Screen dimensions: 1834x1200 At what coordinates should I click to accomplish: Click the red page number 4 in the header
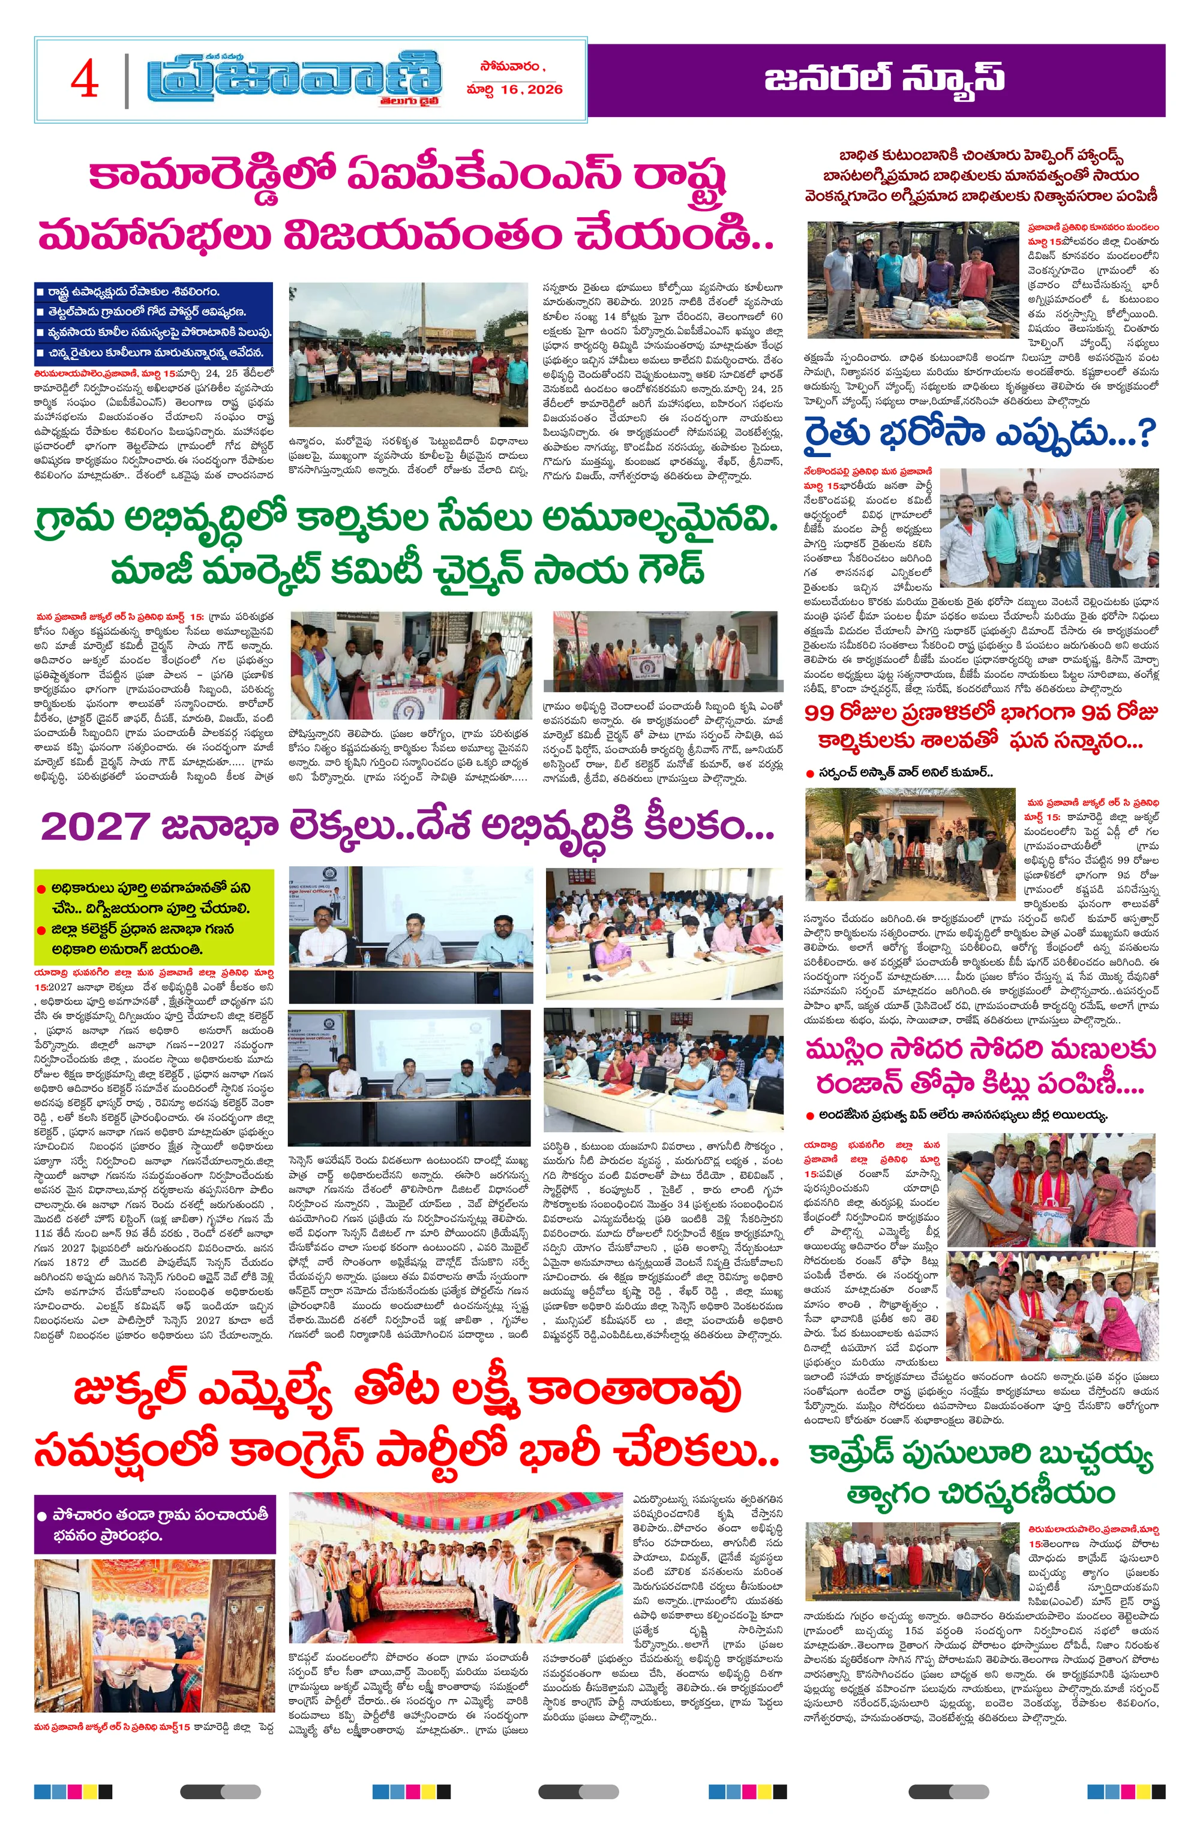coord(85,79)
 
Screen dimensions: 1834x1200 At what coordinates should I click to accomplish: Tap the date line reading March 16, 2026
coord(514,89)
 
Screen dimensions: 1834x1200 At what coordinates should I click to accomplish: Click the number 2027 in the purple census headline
coord(94,827)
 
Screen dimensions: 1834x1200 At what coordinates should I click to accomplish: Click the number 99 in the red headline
coord(823,713)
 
